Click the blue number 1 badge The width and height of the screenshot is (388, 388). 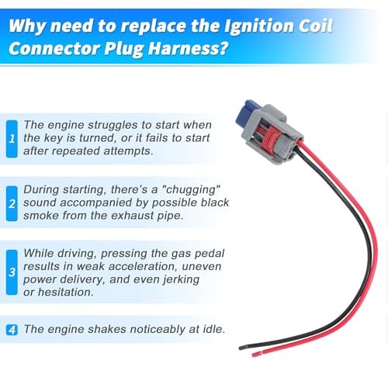coord(12,139)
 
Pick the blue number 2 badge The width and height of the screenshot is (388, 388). coord(12,203)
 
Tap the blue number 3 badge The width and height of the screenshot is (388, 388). coord(12,272)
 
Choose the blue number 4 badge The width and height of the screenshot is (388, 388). coord(12,330)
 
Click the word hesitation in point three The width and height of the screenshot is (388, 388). coord(66,293)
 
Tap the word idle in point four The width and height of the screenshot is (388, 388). coord(213,329)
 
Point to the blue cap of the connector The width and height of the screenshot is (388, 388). coord(244,113)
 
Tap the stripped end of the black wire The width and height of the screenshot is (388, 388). coord(243,348)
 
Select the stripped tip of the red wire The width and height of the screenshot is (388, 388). coord(257,354)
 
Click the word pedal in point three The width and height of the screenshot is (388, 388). coord(210,254)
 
